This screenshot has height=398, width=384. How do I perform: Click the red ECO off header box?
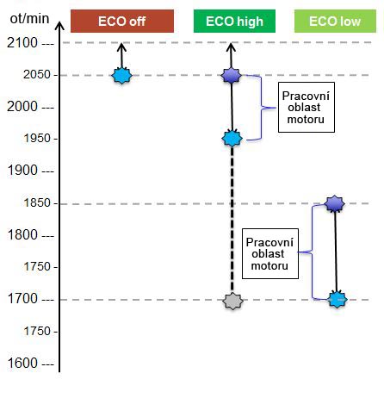122,21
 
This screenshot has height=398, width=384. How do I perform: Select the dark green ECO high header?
234,21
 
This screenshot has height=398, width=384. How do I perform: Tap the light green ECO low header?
335,21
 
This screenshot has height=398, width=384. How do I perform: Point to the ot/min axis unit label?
29,19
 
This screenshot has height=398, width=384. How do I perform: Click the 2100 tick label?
22,43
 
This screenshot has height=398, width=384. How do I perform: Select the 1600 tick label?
22,364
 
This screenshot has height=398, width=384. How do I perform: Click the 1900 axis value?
22,171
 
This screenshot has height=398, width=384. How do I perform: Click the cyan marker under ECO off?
121,76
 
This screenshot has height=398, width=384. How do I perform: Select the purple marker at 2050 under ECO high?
232,76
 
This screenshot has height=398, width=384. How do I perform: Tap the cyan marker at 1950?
232,139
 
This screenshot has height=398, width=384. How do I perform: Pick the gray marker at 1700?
232,302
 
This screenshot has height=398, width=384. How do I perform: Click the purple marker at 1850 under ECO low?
334,203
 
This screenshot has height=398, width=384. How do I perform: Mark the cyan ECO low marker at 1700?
338,300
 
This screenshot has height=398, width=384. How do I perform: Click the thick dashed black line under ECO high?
232,220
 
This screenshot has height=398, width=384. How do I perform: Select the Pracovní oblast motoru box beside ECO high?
307,108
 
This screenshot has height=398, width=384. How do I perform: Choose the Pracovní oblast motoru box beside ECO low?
270,254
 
